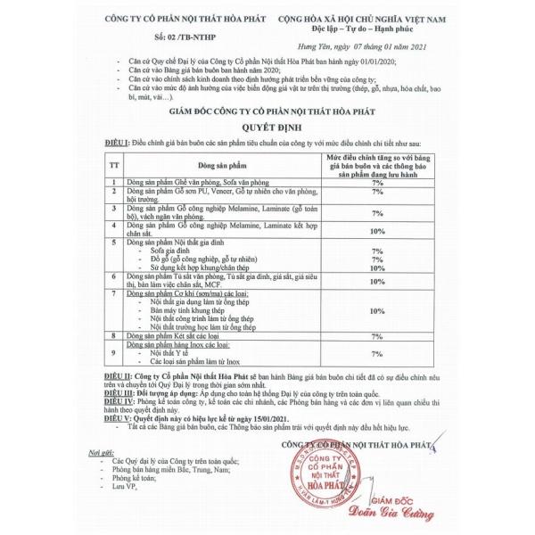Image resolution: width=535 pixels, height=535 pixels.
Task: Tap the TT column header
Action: pyautogui.click(x=113, y=165)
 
